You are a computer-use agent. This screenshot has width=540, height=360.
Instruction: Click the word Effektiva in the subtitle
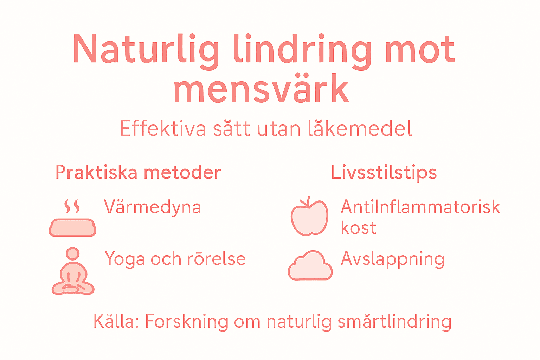[x=163, y=129]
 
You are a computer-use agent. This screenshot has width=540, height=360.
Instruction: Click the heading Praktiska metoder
[x=138, y=173]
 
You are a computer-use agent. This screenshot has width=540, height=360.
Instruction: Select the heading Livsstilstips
[x=384, y=173]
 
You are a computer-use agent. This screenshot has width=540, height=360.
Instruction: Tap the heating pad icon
[x=72, y=227]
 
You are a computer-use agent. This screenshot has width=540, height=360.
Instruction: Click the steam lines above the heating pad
[x=72, y=206]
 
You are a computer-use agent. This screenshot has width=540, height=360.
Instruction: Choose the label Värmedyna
[x=152, y=207]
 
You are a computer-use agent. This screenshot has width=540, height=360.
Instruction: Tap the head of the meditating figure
[x=73, y=253]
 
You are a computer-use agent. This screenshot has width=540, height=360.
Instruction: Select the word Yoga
[x=125, y=259]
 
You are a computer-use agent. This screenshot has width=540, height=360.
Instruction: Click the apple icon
[x=309, y=216]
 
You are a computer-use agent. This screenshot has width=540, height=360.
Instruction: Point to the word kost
[x=358, y=228]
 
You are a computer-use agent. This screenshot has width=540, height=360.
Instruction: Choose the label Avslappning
[x=393, y=259]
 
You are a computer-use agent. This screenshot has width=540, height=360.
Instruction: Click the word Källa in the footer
[x=116, y=321]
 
